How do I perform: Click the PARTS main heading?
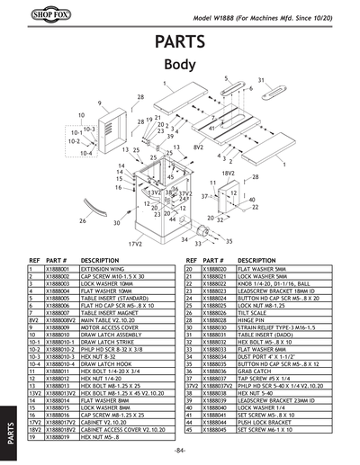click(179, 42)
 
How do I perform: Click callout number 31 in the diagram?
click(261, 80)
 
